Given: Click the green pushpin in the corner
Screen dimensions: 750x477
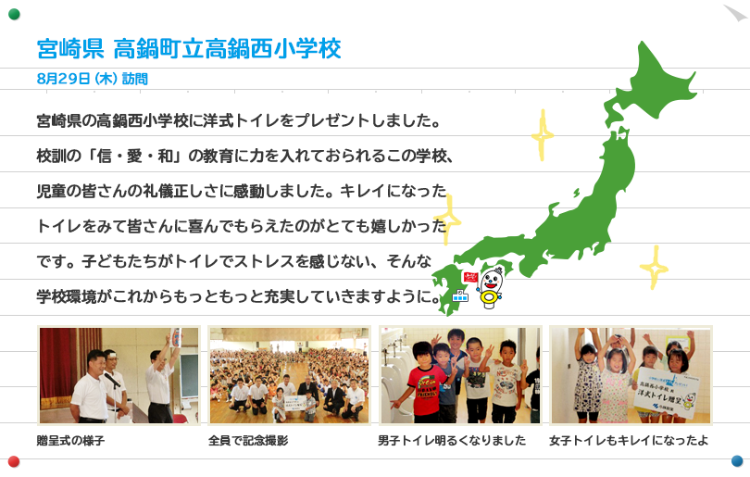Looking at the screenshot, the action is [14, 14].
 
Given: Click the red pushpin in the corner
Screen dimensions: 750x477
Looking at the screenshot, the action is [14, 461].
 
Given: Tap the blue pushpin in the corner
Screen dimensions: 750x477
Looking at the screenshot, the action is [737, 460].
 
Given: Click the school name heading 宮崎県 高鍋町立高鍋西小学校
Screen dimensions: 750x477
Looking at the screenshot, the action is [189, 49].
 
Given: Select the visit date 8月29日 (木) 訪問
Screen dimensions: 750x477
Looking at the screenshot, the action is [93, 79].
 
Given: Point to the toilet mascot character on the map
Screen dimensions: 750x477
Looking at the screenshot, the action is [490, 288].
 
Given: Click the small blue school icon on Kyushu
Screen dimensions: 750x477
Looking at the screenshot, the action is [460, 295].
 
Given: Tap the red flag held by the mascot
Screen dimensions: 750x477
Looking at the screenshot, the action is [470, 277].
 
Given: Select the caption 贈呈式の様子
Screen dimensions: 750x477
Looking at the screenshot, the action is [70, 440].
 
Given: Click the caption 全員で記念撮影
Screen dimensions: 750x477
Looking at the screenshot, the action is [248, 440].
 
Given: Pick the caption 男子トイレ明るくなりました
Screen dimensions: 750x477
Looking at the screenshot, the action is [452, 440].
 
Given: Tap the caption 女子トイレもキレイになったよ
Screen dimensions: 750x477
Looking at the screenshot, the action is [629, 440].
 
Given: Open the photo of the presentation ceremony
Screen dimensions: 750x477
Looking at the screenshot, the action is [119, 375].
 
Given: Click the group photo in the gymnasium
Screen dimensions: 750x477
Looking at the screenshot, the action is [289, 375].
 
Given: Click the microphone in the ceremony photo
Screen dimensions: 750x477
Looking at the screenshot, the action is [112, 380].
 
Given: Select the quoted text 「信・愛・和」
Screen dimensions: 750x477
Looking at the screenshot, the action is [135, 156].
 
